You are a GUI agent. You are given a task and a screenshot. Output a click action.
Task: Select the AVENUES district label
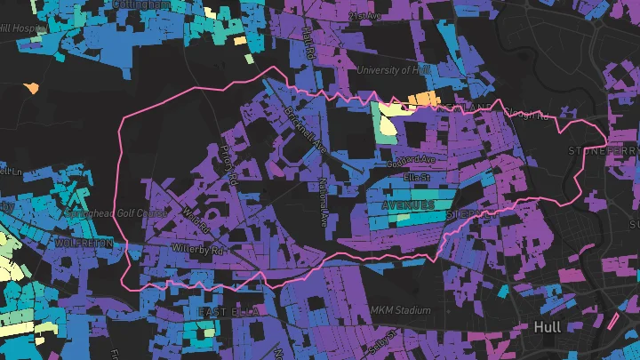408,205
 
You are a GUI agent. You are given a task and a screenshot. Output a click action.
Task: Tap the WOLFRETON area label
84,243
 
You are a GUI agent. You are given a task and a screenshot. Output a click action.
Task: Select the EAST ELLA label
226,312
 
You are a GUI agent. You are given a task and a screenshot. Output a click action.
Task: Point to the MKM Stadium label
402,311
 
